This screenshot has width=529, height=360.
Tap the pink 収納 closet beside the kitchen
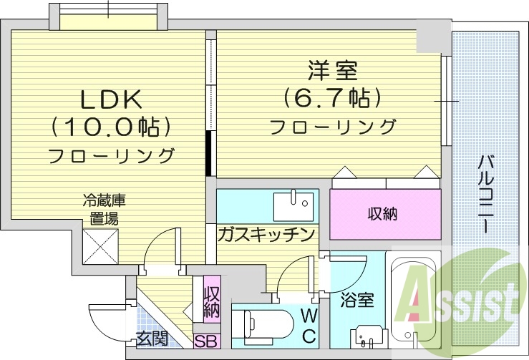tap(384, 213)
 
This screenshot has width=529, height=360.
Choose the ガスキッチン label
tap(266, 233)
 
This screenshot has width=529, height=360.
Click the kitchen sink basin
tap(293, 205)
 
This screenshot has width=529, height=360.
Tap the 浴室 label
tap(356, 300)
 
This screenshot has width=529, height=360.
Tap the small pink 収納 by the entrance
tap(212, 301)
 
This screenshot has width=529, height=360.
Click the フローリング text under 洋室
tap(333, 127)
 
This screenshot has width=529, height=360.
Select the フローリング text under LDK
tap(112, 155)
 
